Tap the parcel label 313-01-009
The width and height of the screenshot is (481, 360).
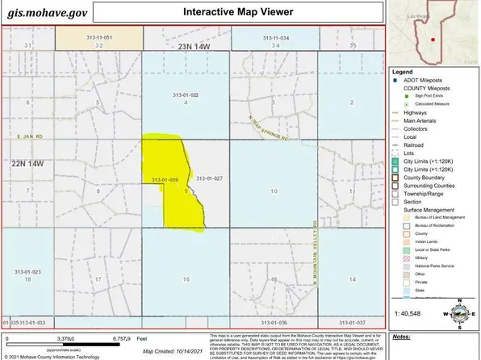pos(165,178)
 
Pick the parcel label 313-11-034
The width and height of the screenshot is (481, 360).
pos(276,38)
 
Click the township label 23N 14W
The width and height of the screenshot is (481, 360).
pos(194,48)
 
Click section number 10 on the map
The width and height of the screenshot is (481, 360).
pos(274,190)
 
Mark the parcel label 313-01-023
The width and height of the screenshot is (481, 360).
pos(27,271)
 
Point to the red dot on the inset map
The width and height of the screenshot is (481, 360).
pos(433,38)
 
